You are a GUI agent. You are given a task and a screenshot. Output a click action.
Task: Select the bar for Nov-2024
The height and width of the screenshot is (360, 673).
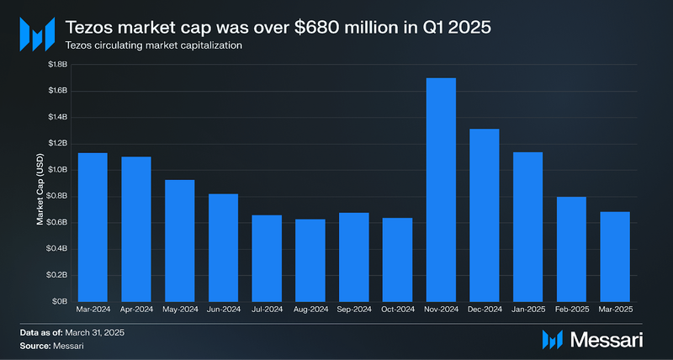[x=441, y=189]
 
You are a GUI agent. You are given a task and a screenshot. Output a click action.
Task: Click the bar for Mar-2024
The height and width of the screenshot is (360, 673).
[x=93, y=227]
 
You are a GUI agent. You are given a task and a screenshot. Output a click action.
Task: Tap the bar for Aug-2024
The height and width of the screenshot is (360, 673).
[x=310, y=260]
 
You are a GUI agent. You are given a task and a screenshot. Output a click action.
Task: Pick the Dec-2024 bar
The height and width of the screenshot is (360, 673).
[x=485, y=214]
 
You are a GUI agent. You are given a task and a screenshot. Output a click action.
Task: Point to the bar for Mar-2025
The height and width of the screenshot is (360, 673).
[x=615, y=256]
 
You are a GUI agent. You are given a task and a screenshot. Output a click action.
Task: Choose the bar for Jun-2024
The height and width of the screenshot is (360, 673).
[x=223, y=247]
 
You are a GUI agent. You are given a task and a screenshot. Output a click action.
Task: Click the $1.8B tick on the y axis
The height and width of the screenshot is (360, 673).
[x=57, y=65]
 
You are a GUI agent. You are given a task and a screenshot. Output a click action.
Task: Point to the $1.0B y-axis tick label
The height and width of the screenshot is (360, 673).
[x=57, y=170]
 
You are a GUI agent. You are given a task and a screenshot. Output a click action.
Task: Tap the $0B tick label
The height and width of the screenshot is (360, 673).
[x=61, y=301]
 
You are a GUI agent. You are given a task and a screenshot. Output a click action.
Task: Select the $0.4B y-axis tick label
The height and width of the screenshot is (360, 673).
[x=57, y=249]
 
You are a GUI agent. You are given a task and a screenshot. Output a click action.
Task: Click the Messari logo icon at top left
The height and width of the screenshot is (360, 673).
[x=36, y=34]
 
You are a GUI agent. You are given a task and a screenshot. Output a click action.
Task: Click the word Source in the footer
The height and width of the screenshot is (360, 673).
[x=35, y=346]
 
